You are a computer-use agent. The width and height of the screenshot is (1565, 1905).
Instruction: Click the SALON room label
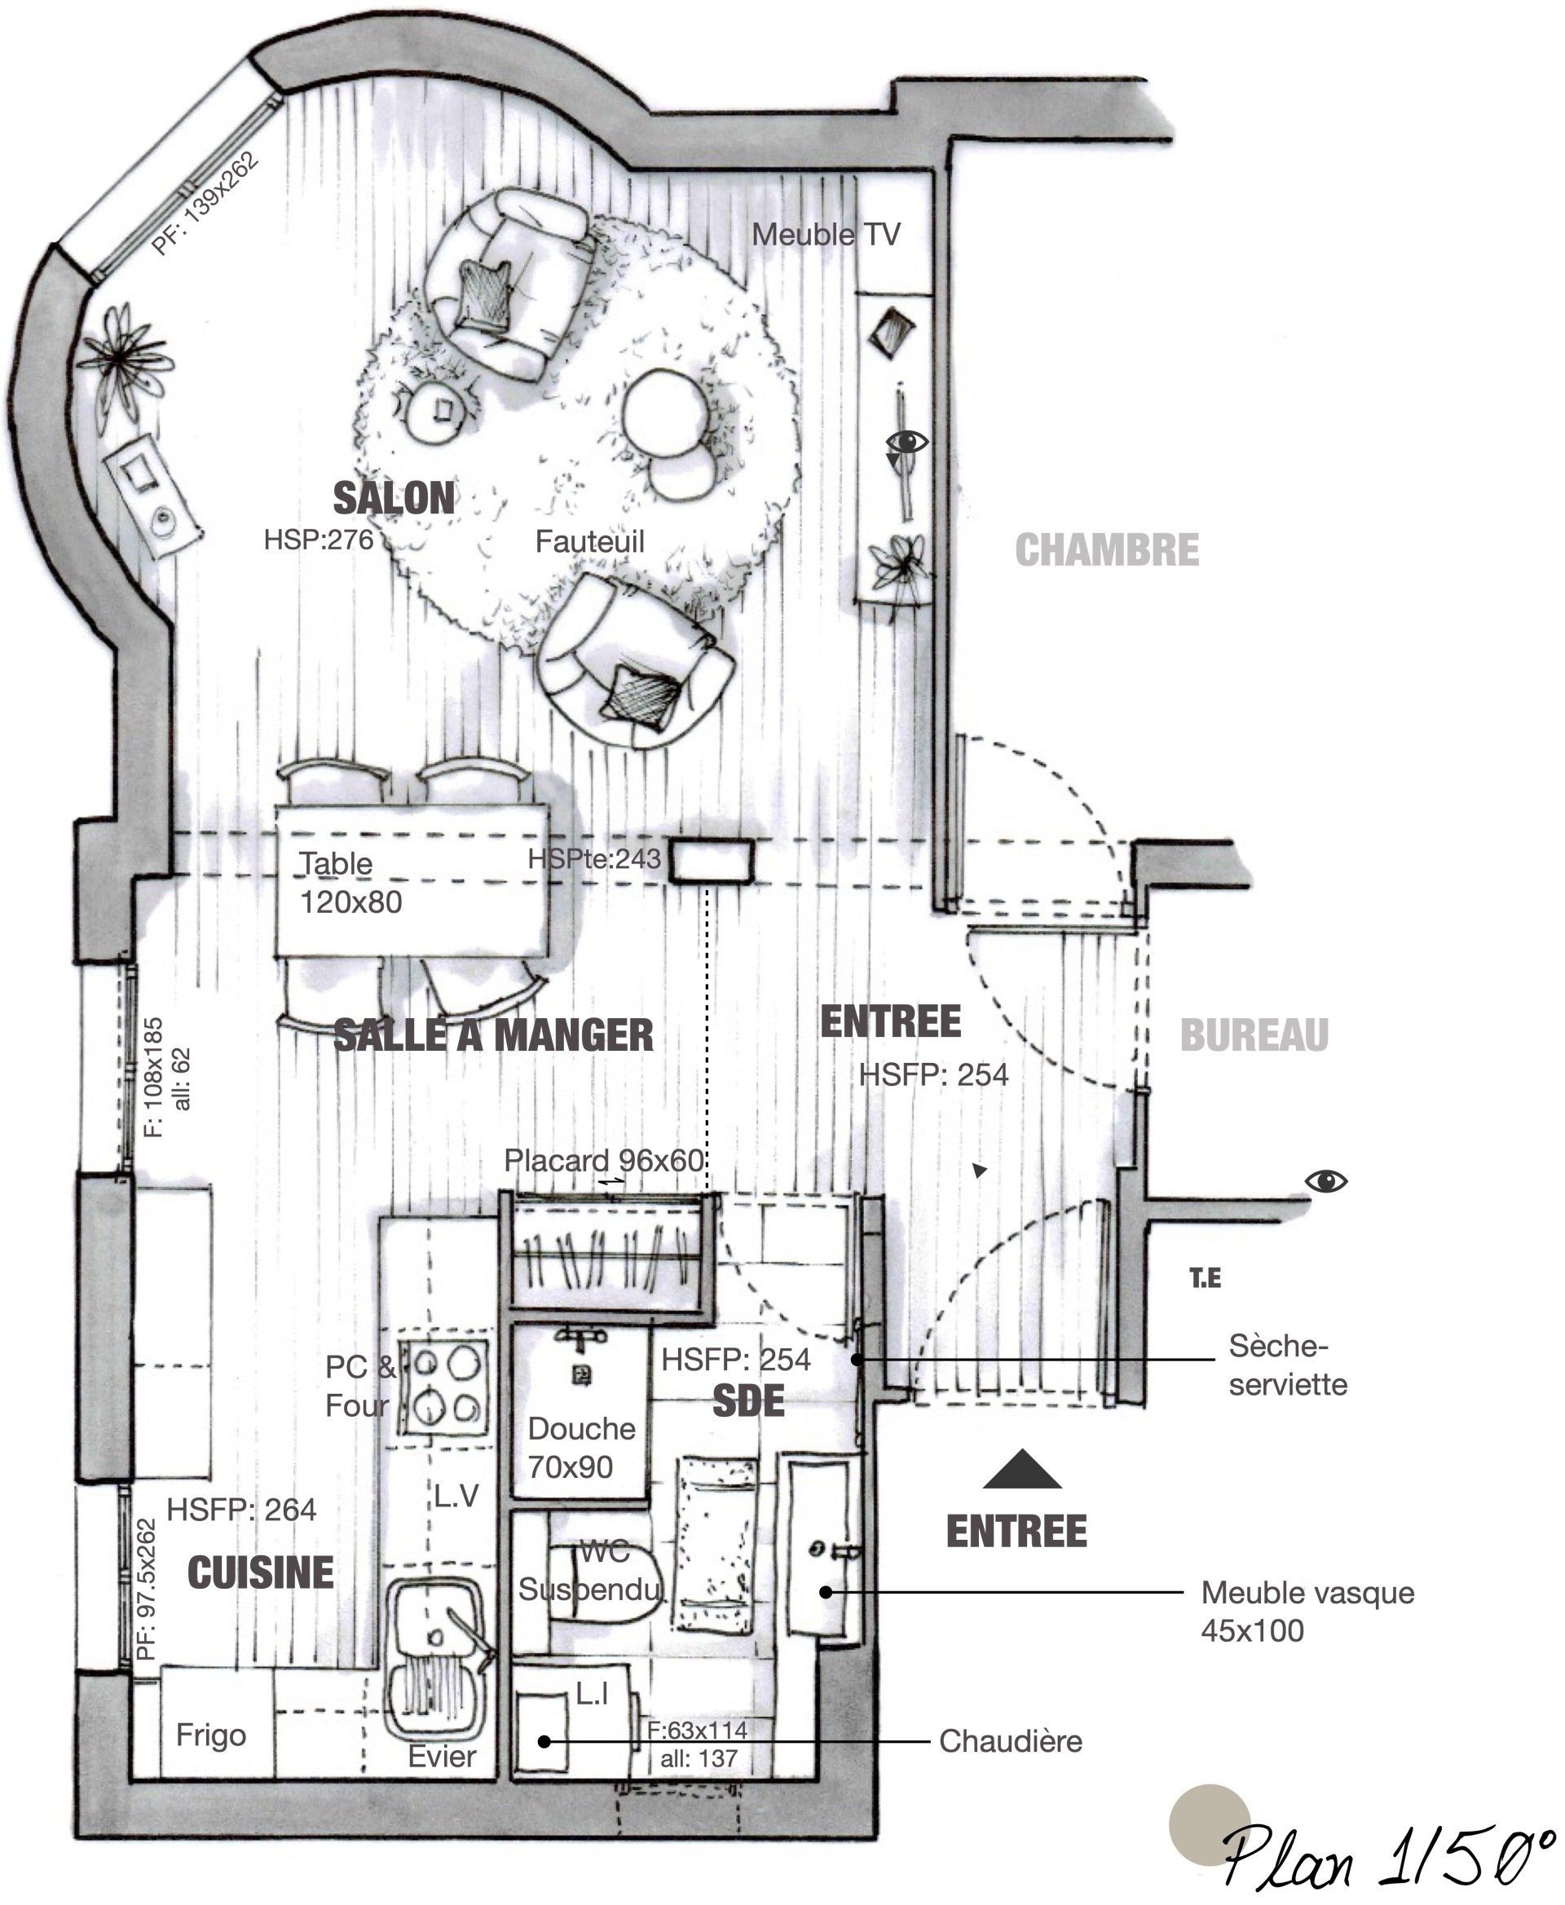tap(394, 499)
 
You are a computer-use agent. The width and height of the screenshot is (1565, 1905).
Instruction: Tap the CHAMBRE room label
tap(1107, 550)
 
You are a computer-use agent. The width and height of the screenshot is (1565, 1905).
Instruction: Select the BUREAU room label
tap(1254, 1035)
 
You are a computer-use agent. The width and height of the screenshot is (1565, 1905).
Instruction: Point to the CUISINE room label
tap(261, 1572)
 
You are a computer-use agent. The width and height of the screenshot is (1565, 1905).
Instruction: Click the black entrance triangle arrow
tap(1022, 1469)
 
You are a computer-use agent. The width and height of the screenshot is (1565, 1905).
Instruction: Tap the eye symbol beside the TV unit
tap(907, 442)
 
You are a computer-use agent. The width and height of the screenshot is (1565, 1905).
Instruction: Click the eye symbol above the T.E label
tap(1326, 1181)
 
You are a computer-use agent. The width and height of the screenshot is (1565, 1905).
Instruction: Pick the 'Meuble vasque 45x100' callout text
tap(1307, 1611)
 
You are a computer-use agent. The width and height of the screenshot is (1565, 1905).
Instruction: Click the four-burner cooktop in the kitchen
tap(445, 1387)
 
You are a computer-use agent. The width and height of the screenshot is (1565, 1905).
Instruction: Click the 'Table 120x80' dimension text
tap(350, 883)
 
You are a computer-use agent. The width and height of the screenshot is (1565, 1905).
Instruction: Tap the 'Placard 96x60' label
tap(603, 1160)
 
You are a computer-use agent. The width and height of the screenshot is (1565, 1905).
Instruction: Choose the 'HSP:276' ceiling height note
tap(318, 540)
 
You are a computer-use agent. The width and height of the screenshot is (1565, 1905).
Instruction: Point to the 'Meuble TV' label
tap(826, 235)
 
